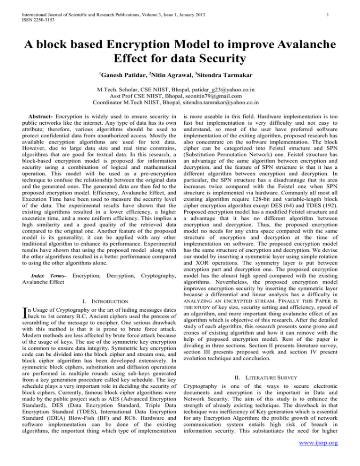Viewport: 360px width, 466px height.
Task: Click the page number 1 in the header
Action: click(x=332, y=8)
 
